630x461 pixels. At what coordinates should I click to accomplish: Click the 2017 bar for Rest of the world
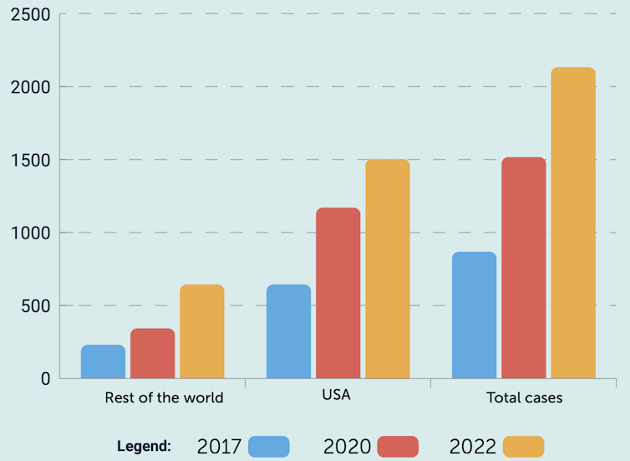click(103, 361)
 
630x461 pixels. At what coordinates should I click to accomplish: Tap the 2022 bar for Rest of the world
click(202, 331)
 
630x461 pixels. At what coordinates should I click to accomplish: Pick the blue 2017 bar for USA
click(288, 331)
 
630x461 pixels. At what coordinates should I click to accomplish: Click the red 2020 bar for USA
click(338, 293)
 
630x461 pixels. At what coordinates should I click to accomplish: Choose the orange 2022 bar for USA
click(388, 269)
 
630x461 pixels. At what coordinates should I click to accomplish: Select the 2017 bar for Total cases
click(474, 315)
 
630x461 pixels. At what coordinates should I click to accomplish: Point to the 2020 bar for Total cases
click(523, 268)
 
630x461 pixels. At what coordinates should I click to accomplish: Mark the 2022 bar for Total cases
click(573, 223)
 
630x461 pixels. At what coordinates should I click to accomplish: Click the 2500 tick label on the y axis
click(31, 15)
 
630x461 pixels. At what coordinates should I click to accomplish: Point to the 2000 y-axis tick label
click(31, 87)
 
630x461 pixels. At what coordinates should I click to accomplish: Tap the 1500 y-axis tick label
click(31, 160)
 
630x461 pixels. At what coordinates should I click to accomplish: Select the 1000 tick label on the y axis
click(31, 233)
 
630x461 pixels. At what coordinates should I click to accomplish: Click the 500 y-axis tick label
click(36, 305)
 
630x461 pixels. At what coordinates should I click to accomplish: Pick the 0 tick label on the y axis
click(44, 379)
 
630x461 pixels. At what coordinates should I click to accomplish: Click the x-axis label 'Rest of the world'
click(164, 397)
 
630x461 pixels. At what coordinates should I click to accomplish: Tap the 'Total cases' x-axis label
click(525, 397)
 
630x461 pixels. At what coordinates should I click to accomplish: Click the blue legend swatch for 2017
click(268, 447)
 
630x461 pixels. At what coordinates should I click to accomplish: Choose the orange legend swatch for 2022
click(523, 447)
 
